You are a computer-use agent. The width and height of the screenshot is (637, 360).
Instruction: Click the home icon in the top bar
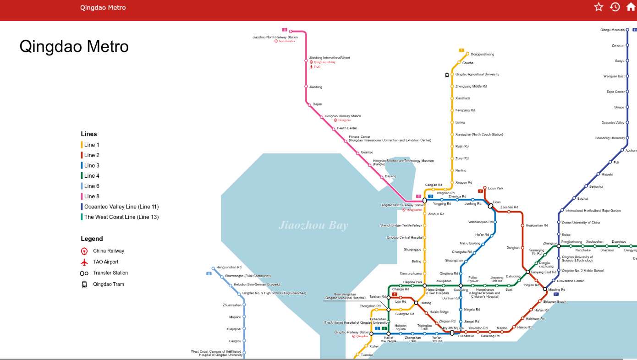(x=631, y=7)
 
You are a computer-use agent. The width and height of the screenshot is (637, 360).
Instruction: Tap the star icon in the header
(x=599, y=7)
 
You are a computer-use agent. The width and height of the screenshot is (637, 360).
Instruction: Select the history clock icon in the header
(x=615, y=7)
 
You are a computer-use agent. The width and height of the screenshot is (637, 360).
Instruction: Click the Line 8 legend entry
(x=92, y=196)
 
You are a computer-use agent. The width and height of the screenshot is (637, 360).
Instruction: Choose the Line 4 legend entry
(x=92, y=176)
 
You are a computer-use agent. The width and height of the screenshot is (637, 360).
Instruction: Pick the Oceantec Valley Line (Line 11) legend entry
(x=121, y=207)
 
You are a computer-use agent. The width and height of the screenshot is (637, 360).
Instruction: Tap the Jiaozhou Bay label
(x=313, y=225)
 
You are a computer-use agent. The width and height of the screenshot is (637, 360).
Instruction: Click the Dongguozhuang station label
(x=482, y=55)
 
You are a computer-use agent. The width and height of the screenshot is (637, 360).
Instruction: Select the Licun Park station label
(x=495, y=188)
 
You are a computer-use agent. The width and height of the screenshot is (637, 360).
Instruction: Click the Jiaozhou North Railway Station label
(x=272, y=37)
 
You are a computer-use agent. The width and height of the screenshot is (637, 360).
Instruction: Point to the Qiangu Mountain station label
(x=612, y=30)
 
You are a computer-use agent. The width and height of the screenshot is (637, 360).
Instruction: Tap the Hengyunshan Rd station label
(x=229, y=267)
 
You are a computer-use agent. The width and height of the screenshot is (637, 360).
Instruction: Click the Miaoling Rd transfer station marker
(x=545, y=289)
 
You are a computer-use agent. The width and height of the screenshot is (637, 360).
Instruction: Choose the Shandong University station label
(x=610, y=138)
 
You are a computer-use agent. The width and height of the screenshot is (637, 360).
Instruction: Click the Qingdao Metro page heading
(x=74, y=47)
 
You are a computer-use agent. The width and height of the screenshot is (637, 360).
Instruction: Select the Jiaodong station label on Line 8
(x=316, y=87)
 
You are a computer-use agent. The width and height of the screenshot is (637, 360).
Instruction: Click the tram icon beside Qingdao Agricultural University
(x=447, y=75)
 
